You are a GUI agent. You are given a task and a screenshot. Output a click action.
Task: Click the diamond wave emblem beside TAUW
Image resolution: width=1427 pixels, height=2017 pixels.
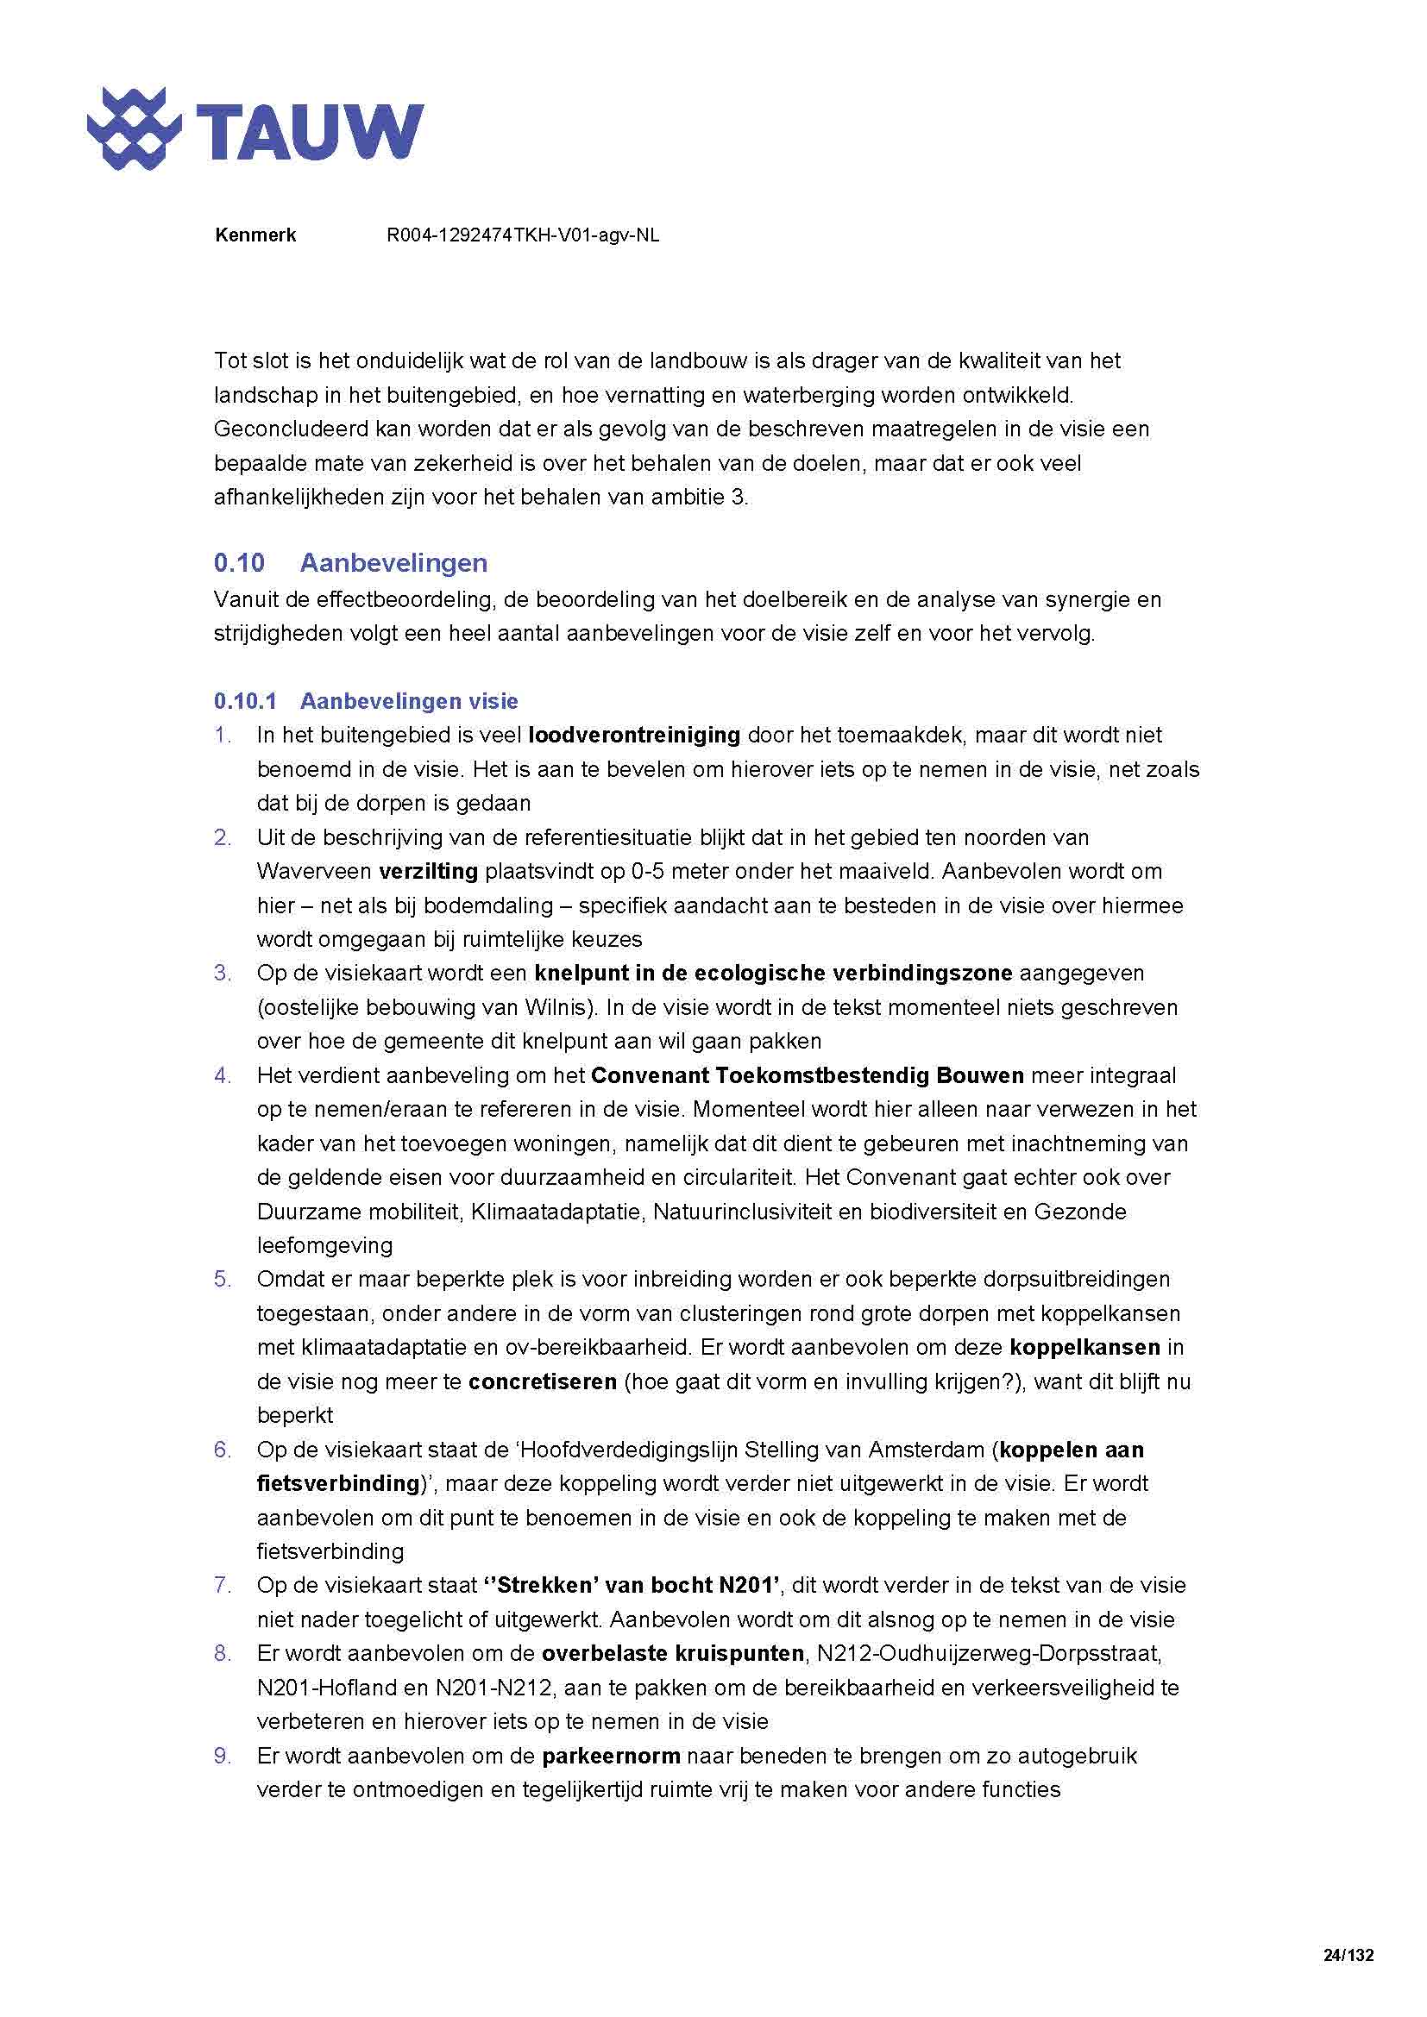[x=134, y=129]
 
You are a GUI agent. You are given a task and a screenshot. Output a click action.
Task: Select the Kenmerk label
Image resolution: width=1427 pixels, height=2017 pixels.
[x=255, y=235]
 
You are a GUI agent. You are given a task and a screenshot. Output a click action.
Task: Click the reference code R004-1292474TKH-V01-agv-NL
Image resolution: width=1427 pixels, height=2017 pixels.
[x=522, y=235]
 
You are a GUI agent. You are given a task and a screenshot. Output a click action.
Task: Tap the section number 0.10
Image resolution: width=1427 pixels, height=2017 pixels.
[x=238, y=562]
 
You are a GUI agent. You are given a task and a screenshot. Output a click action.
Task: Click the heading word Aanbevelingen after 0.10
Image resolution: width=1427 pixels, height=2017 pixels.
[x=393, y=562]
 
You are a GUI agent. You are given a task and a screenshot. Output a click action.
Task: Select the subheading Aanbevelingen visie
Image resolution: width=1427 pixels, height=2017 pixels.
[x=409, y=701]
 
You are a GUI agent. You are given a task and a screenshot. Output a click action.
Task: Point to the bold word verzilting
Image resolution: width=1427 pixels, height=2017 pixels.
[x=428, y=872]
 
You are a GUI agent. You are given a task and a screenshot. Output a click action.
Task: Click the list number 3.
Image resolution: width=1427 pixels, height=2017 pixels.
[x=223, y=974]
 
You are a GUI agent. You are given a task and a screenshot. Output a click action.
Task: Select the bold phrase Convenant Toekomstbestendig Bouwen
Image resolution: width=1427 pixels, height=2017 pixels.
[x=807, y=1075]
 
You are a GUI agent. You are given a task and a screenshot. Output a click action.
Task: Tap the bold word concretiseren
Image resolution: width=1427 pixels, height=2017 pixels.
[x=541, y=1381]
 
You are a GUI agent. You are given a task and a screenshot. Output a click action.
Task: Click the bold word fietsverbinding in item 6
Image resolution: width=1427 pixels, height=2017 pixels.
[x=338, y=1483]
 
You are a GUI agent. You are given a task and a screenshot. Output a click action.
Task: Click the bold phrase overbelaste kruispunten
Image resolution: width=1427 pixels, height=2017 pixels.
[x=672, y=1653]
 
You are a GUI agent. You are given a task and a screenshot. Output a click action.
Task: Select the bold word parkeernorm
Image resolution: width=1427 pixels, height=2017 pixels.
[x=611, y=1756]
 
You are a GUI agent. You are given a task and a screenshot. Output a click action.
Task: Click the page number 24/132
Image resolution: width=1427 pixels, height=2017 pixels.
[x=1347, y=1955]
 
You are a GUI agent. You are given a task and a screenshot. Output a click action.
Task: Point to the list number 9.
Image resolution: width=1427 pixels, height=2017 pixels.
[x=223, y=1756]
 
